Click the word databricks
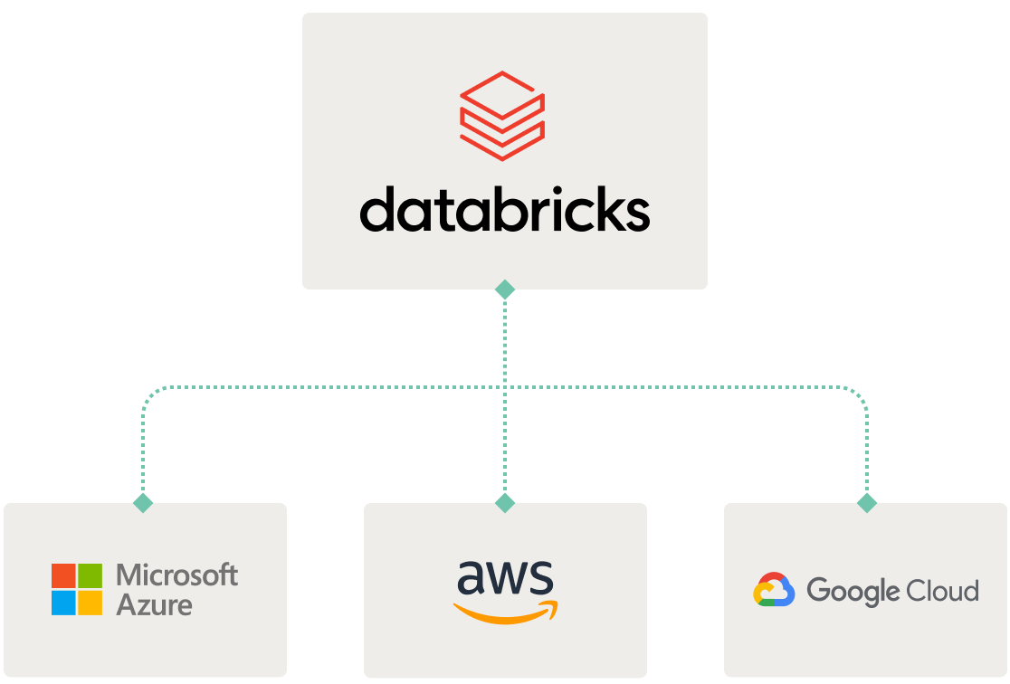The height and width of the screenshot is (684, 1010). [x=504, y=210]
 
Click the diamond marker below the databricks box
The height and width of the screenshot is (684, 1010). [x=505, y=290]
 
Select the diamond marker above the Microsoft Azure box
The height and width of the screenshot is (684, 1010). [x=143, y=503]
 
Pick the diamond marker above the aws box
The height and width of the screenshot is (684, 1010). [x=505, y=503]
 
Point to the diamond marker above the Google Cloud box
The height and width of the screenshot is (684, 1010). [x=866, y=503]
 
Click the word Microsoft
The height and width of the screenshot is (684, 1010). [x=177, y=575]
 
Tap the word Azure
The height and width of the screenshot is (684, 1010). [x=154, y=604]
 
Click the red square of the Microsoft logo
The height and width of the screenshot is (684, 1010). [x=63, y=575]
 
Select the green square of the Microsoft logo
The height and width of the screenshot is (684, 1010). [x=90, y=575]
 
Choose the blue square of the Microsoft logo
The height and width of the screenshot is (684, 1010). [x=63, y=603]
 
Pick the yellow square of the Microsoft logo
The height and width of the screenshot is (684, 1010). [x=90, y=603]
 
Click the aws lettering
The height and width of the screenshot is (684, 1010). [x=504, y=578]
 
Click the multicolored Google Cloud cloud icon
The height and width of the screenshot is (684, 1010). [x=774, y=590]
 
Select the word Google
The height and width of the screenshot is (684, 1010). [x=854, y=592]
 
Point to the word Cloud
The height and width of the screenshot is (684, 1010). [x=943, y=591]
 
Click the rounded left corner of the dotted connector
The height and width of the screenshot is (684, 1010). [x=149, y=394]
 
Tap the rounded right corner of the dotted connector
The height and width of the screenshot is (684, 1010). [x=860, y=394]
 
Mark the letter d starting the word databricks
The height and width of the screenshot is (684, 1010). [x=376, y=210]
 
